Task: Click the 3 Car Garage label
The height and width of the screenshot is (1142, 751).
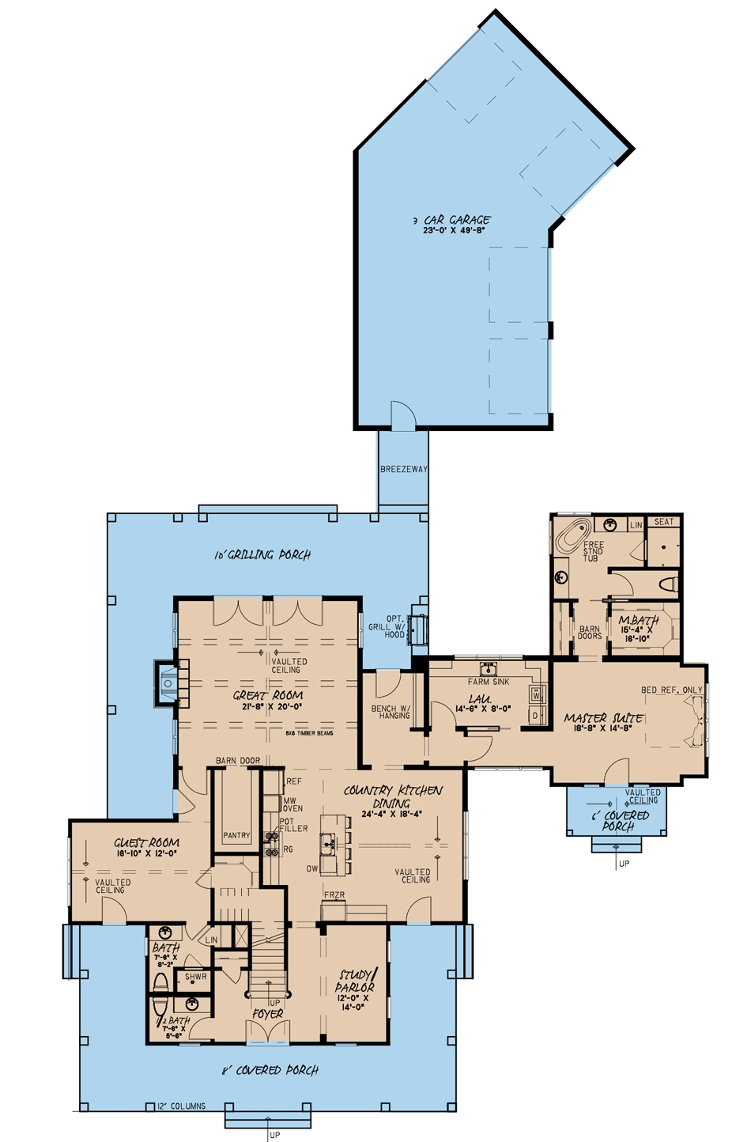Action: point(457,220)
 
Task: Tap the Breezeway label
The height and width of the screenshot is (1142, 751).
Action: point(403,469)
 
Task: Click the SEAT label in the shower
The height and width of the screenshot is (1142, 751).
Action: point(664,522)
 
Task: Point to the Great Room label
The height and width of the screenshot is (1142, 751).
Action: point(268,695)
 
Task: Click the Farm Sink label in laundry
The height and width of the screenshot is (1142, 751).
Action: point(489,682)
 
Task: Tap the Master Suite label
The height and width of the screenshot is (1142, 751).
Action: point(603,718)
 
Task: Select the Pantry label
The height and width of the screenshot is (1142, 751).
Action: point(236,835)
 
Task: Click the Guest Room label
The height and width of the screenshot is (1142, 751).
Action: point(146,843)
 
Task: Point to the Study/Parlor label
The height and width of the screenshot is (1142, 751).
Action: point(354,981)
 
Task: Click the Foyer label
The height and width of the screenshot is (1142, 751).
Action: point(267,1014)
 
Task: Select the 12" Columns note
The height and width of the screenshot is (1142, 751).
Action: point(181,1106)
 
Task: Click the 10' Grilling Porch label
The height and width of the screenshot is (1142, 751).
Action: point(262,554)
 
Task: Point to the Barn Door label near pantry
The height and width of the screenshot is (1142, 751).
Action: point(238,761)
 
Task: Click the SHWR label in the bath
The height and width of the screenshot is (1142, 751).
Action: point(195,977)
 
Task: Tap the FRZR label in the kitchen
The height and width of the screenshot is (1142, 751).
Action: point(334,895)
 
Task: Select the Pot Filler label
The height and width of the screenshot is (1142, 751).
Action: point(292,826)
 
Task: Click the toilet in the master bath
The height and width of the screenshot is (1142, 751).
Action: point(669,584)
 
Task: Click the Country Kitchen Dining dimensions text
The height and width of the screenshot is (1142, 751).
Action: point(392,814)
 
